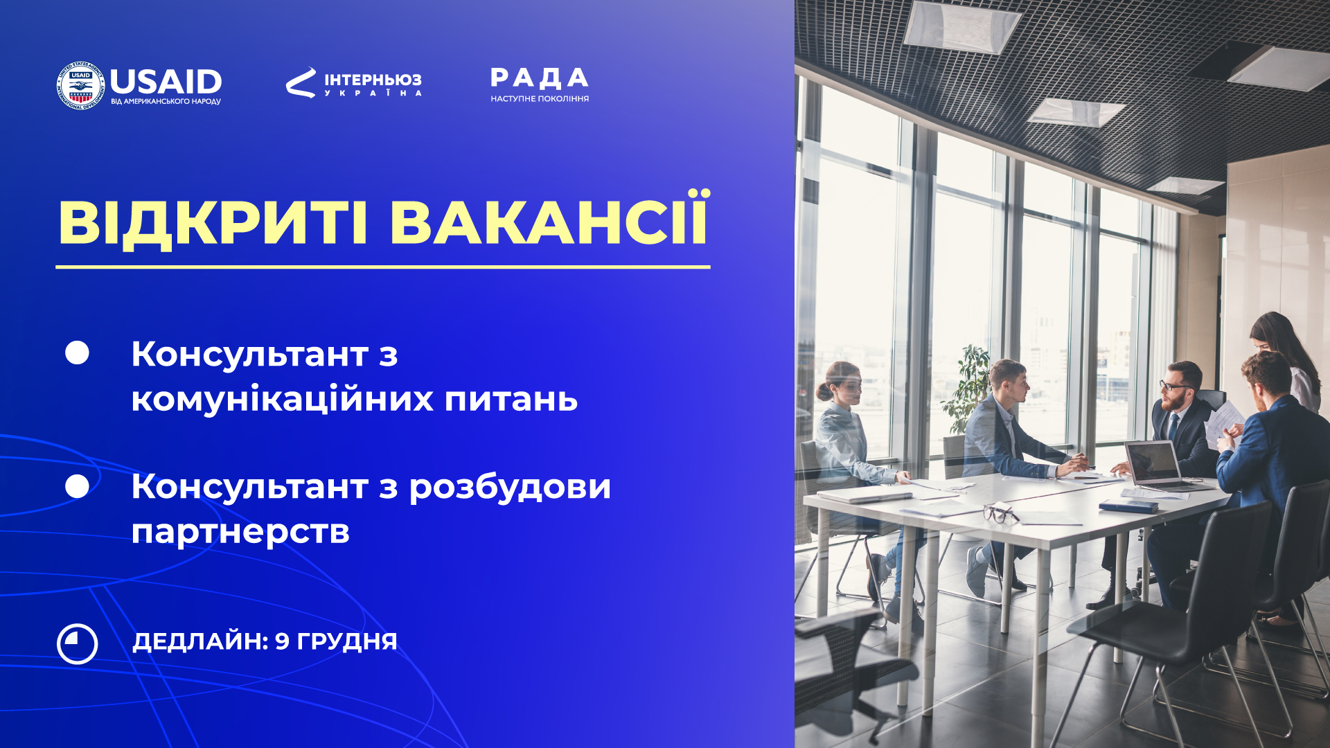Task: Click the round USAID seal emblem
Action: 81,85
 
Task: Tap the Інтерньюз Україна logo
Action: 354,82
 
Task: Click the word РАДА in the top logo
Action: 540,78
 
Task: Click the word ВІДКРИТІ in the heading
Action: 213,223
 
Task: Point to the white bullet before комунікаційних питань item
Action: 77,353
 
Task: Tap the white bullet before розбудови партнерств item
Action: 77,486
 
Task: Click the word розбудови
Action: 510,487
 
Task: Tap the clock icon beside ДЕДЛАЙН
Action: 78,644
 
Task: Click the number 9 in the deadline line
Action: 282,641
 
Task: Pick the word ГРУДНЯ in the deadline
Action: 347,642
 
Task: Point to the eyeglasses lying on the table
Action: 1001,513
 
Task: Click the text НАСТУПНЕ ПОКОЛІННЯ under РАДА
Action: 540,99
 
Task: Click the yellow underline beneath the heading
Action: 383,267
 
